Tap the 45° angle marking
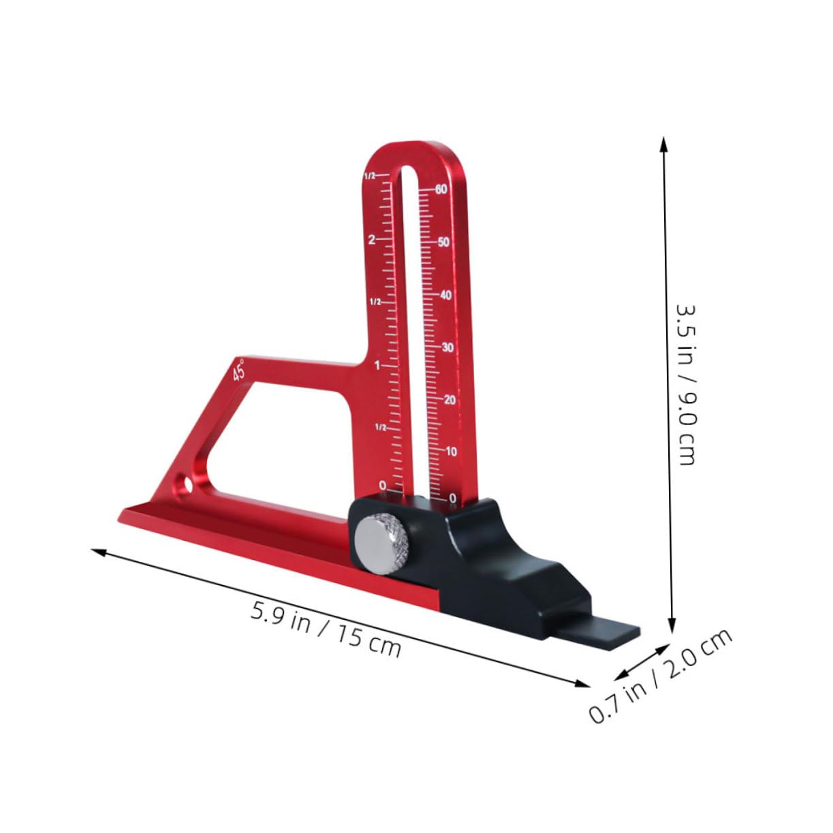click(x=239, y=371)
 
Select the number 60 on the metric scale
click(x=441, y=189)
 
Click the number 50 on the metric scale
click(x=443, y=242)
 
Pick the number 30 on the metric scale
click(x=447, y=347)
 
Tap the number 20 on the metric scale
click(x=450, y=399)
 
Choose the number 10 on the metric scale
click(x=451, y=451)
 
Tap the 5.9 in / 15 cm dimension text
click(x=326, y=627)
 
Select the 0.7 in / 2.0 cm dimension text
click(x=660, y=674)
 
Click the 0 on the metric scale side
click(x=453, y=499)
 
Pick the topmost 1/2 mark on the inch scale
click(x=369, y=176)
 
